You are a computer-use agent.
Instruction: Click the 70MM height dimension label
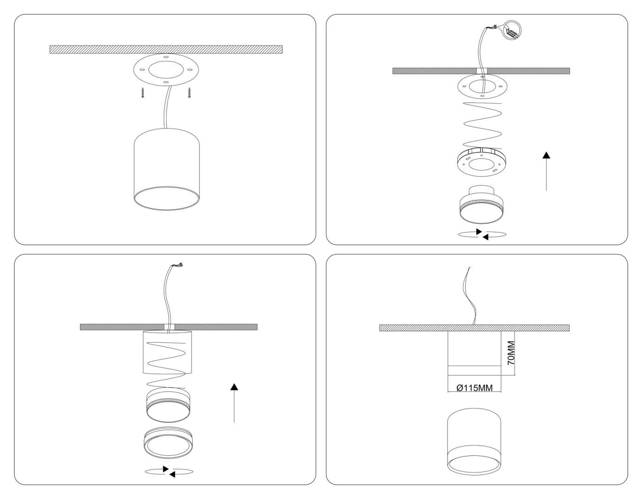tap(511, 353)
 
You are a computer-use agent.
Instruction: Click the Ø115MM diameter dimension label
tap(475, 388)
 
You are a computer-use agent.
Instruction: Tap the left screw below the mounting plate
tap(143, 93)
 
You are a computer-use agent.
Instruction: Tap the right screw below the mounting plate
tap(189, 93)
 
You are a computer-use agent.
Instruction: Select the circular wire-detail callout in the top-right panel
tap(512, 31)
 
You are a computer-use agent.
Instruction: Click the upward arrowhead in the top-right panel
tap(546, 155)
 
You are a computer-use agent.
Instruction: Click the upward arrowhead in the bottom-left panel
tap(234, 387)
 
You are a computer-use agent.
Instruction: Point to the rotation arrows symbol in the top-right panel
tap(482, 234)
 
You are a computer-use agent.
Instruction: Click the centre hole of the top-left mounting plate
tap(166, 70)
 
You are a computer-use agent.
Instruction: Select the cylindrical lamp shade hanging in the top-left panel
tap(166, 169)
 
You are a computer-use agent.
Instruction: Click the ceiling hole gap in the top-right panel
tap(481, 71)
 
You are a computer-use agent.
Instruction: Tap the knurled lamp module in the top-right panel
tap(481, 205)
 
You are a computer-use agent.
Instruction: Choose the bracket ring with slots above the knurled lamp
tap(481, 162)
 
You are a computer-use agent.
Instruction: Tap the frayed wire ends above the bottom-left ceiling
tap(179, 265)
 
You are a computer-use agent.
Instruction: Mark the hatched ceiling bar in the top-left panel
tap(166, 50)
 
